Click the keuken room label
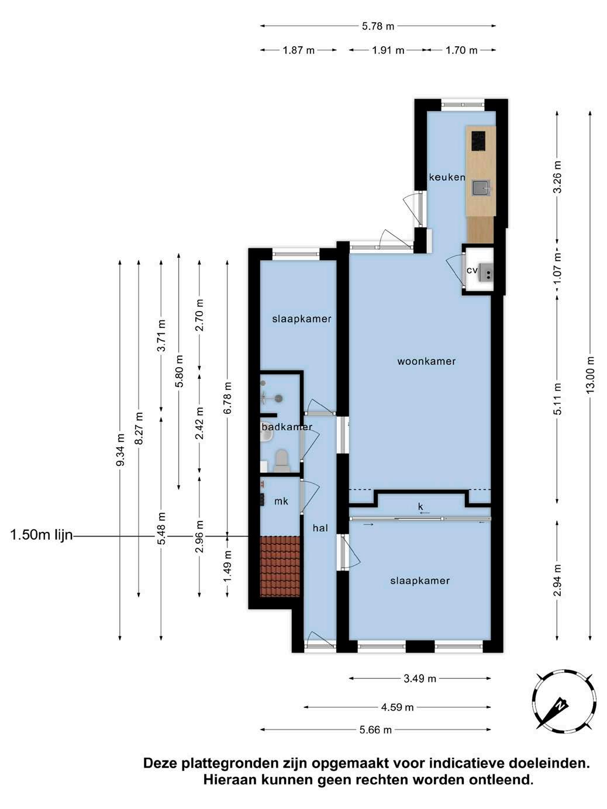coord(447,177)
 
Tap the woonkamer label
coord(426,361)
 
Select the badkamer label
coord(287,427)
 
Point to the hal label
coord(320,528)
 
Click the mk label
coord(281,502)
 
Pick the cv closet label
coord(472,270)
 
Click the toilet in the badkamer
coord(282,461)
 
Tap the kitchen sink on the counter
coord(482,189)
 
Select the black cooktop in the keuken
coord(478,141)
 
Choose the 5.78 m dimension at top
coord(378,26)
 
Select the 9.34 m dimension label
coord(120,450)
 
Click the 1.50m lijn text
coord(42,535)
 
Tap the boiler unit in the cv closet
coord(486,272)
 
